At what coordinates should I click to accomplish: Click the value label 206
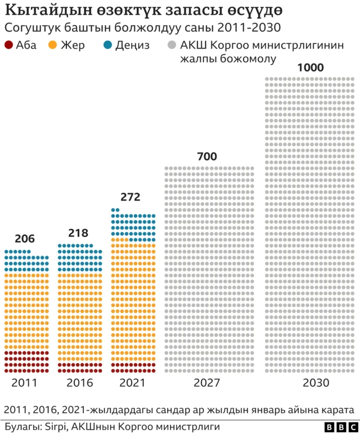click(25, 239)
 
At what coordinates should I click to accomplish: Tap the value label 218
click(78, 232)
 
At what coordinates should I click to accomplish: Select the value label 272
click(130, 197)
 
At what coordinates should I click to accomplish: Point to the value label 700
click(208, 156)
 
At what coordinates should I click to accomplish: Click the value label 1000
click(310, 68)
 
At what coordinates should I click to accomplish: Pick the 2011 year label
click(25, 383)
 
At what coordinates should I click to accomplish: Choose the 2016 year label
click(79, 383)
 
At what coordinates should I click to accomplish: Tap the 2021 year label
click(132, 383)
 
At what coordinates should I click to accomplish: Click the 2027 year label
click(208, 383)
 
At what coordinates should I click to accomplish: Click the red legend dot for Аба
click(8, 46)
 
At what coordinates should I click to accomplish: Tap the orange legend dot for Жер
click(53, 46)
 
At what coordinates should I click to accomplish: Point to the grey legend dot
click(170, 46)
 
